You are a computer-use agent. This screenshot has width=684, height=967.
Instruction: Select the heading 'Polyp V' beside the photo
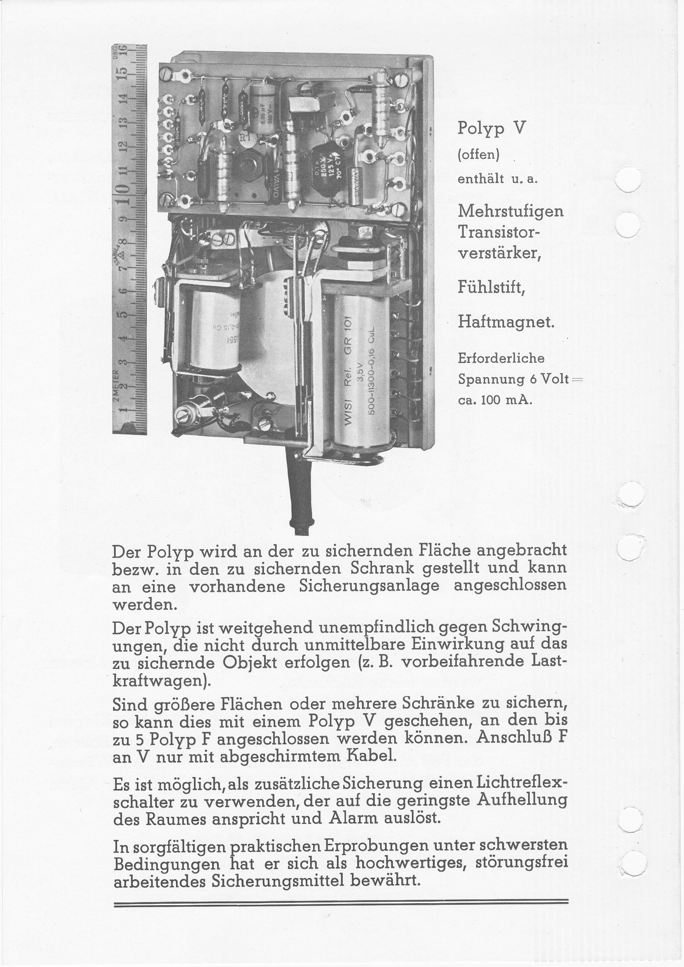point(492,127)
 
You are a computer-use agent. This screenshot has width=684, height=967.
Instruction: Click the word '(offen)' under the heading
point(478,155)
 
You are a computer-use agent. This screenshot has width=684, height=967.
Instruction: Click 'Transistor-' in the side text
point(499,232)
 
